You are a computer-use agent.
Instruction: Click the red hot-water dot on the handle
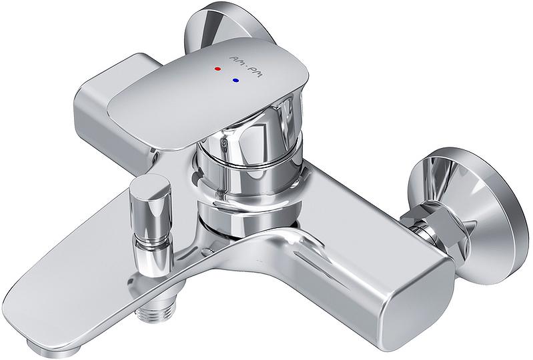(218, 69)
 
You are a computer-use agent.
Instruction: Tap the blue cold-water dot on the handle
(235, 81)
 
